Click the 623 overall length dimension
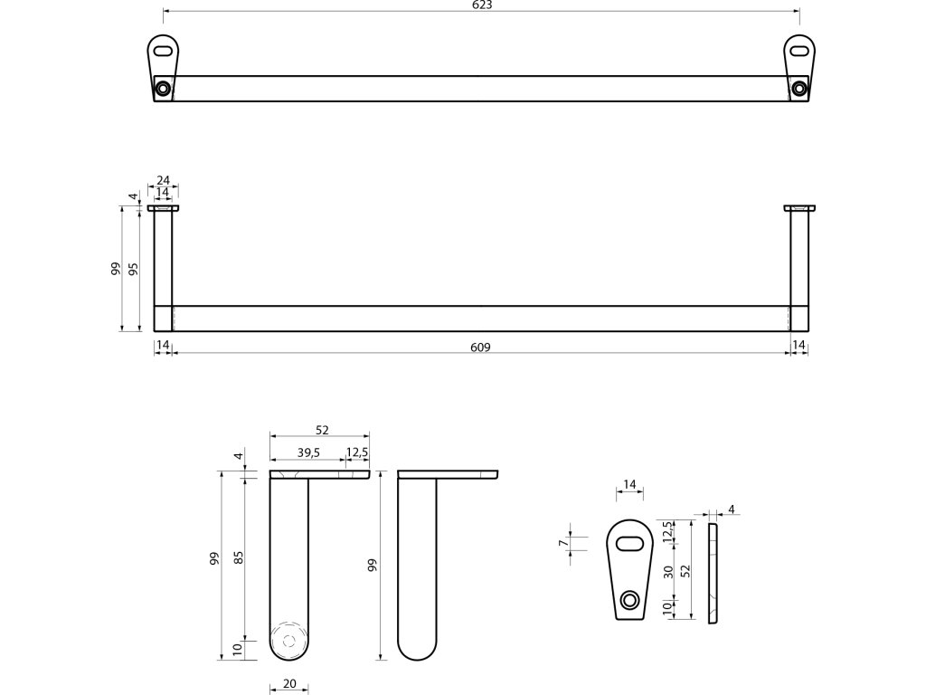coord(481,5)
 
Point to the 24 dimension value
coord(163,179)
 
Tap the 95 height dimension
coord(133,269)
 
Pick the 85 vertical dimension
coord(240,558)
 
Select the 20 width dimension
coord(289,684)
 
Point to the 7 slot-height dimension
coord(562,543)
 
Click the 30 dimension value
coord(667,572)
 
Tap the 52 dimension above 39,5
coord(321,431)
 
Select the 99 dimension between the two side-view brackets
coord(372,566)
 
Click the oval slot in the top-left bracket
coord(164,51)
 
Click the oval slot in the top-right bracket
coord(798,51)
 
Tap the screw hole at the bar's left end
coord(163,89)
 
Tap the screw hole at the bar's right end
coord(798,89)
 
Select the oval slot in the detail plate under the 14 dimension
coord(629,543)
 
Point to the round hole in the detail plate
coord(630,599)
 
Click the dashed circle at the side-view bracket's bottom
coord(289,639)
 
